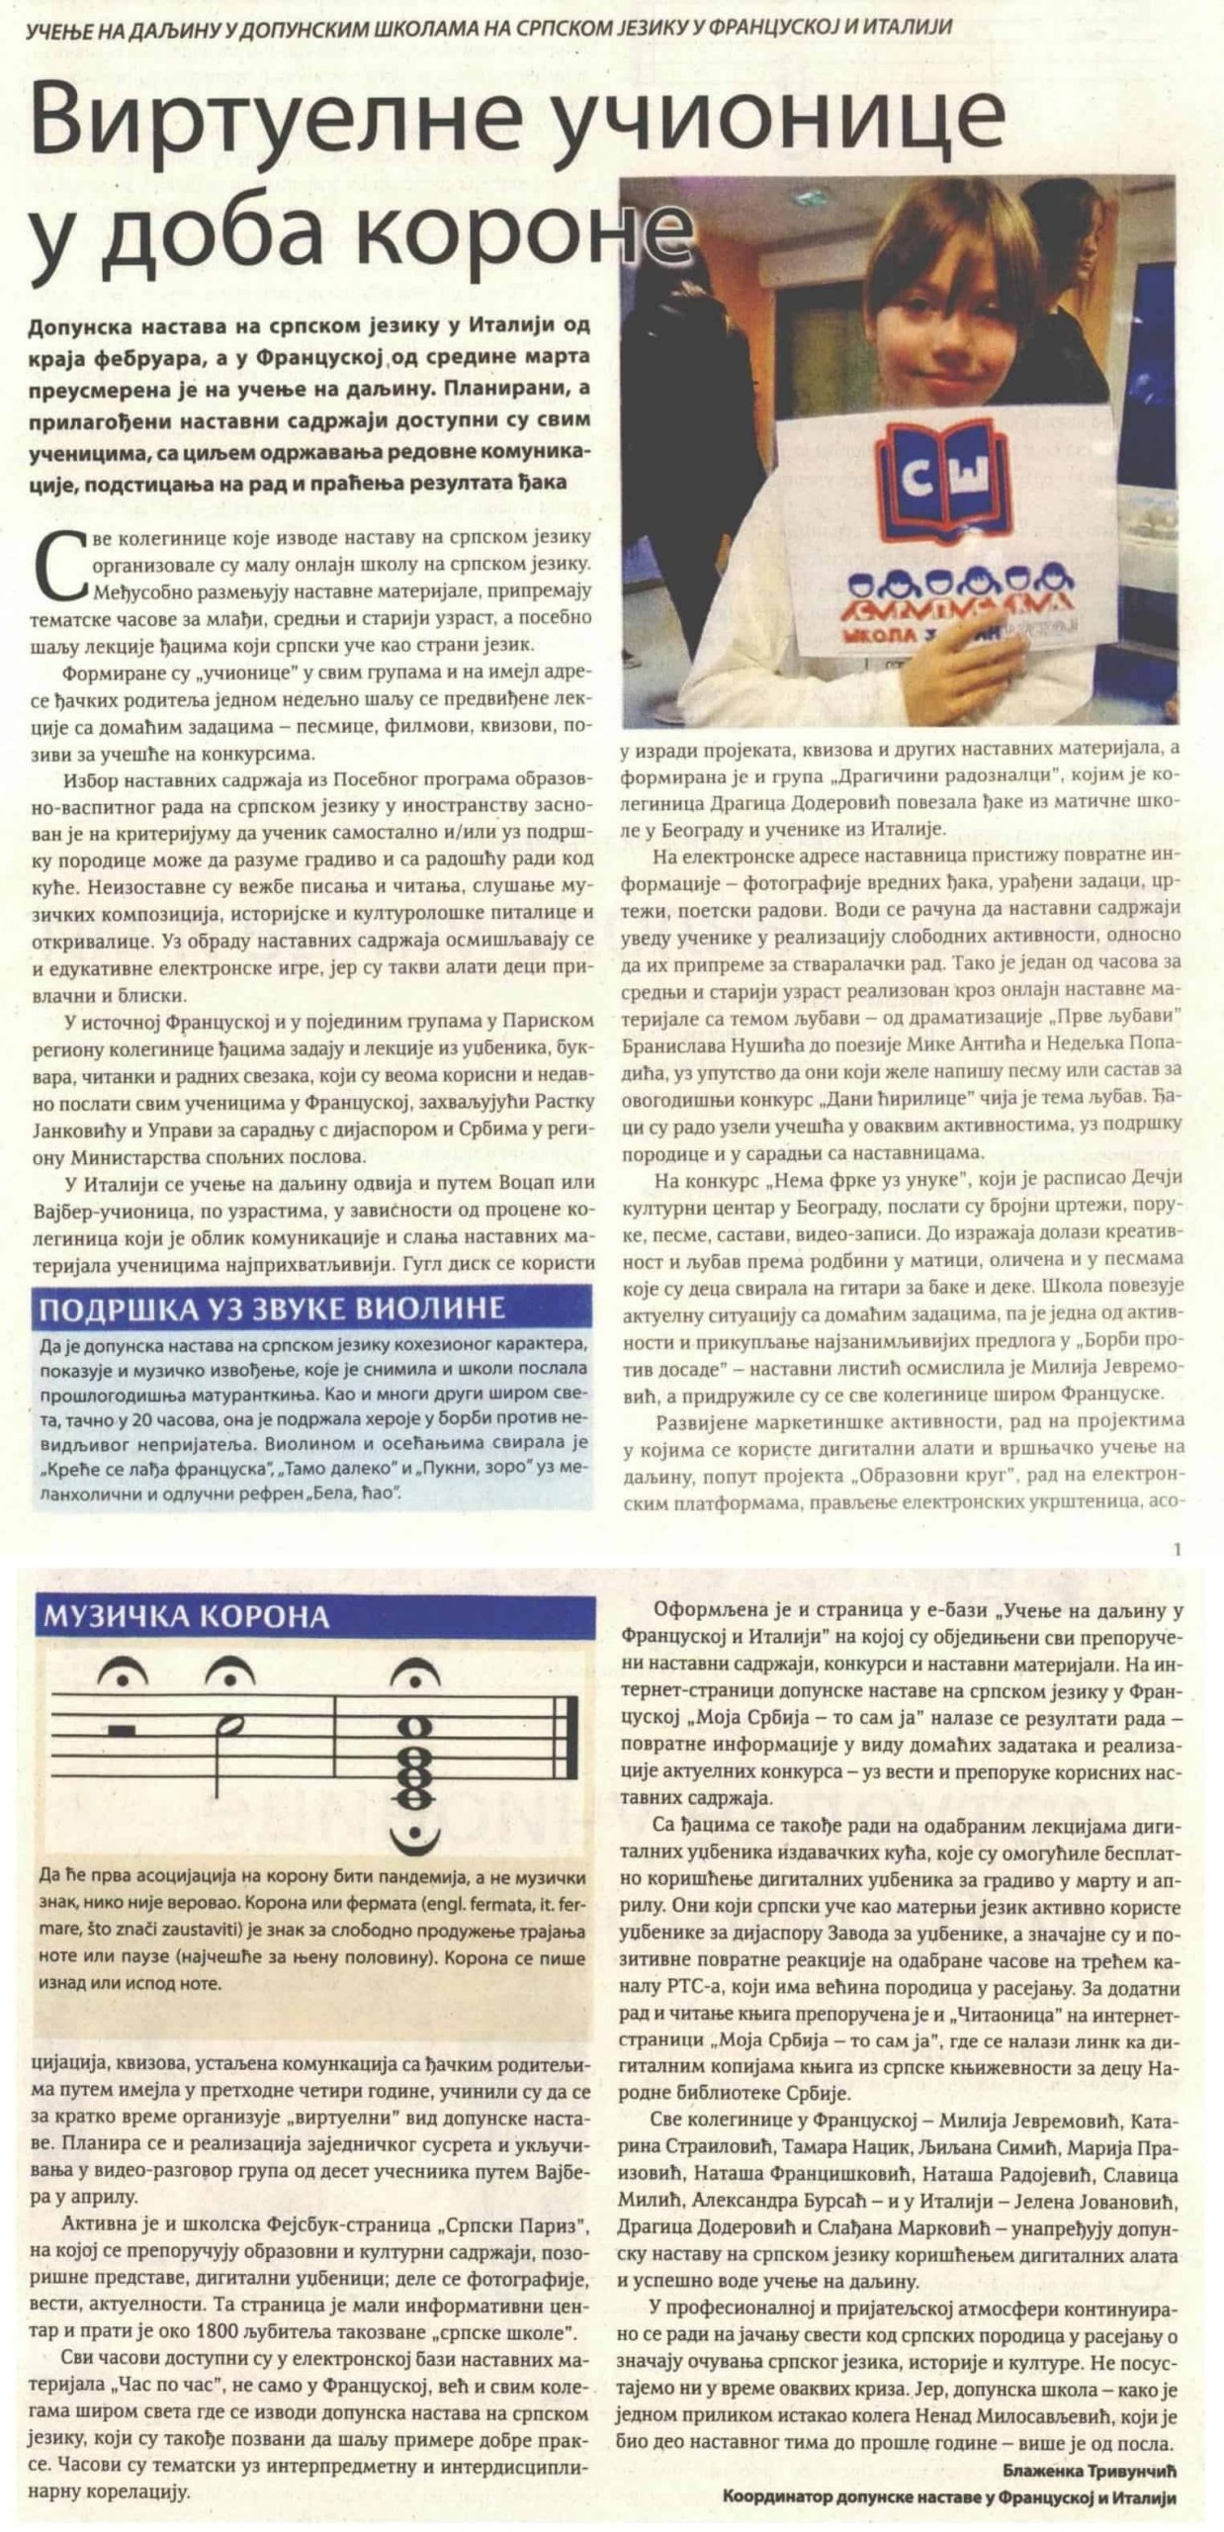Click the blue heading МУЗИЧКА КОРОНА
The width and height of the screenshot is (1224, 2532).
(184, 1616)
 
